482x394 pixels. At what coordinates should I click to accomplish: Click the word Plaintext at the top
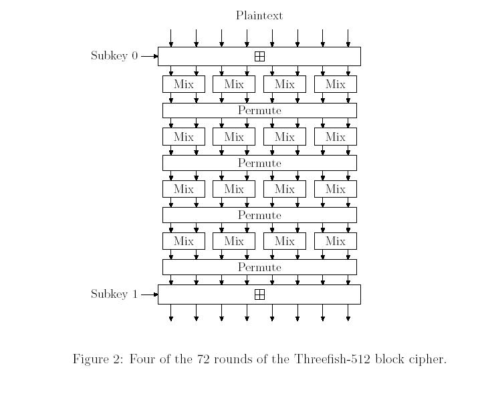click(x=259, y=15)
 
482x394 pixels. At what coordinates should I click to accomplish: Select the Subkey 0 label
click(x=114, y=55)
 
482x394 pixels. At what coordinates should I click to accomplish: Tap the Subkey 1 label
click(x=114, y=294)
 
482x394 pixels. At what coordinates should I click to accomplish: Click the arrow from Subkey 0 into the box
click(x=149, y=56)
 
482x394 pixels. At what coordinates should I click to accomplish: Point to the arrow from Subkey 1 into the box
click(x=149, y=294)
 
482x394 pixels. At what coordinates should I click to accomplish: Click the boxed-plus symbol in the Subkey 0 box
click(x=260, y=57)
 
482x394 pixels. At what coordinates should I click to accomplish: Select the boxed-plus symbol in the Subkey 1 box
click(x=260, y=294)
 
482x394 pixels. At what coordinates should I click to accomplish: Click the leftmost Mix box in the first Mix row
click(x=184, y=84)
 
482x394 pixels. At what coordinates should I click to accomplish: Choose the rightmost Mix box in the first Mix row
click(x=336, y=84)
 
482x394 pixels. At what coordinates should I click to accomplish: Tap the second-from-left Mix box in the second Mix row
click(x=234, y=137)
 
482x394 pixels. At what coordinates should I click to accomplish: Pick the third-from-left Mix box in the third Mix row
click(x=285, y=189)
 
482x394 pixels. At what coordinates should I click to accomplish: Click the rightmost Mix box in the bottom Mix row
click(x=336, y=241)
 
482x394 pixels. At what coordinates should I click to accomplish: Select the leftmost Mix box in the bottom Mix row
click(x=184, y=241)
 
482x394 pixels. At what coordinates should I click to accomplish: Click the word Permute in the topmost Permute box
click(x=259, y=111)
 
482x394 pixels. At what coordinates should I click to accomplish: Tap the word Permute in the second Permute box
click(x=259, y=163)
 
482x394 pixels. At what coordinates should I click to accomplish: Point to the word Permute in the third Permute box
click(x=259, y=215)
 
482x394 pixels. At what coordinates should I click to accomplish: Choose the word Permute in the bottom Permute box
click(x=259, y=267)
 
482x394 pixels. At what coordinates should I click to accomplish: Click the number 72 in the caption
click(x=203, y=359)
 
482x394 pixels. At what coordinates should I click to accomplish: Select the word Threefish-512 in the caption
click(x=332, y=359)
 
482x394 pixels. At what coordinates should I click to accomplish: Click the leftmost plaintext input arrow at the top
click(x=171, y=38)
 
